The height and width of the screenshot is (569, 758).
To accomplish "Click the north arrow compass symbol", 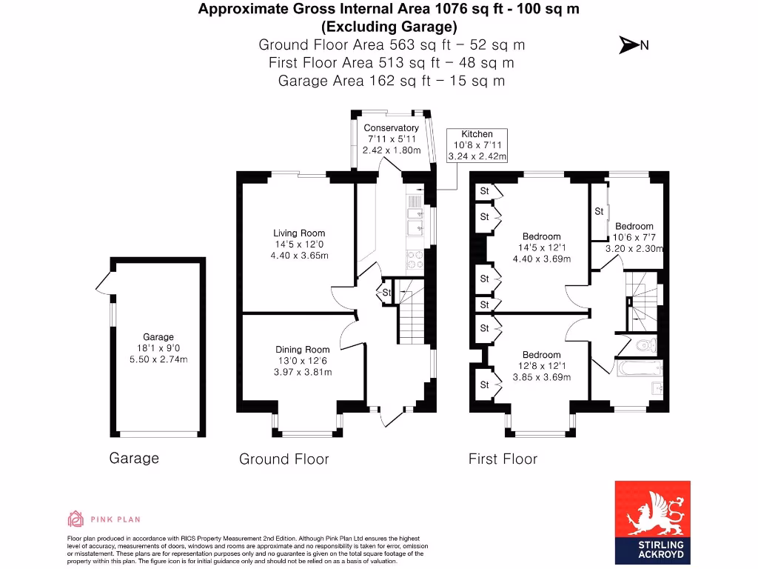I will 628,45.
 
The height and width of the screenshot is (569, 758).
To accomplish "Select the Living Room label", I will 299,233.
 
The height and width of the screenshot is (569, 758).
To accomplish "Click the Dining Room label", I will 302,350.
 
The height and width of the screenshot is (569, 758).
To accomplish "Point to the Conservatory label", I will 392,128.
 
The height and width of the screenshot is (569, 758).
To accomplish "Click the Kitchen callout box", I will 477,145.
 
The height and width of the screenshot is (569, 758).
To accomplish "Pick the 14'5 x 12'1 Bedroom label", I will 542,237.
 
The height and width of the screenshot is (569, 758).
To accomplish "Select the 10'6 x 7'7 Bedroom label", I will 634,227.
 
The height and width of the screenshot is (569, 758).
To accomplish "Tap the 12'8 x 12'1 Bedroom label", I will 540,355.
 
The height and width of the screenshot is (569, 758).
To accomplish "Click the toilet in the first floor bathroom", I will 646,345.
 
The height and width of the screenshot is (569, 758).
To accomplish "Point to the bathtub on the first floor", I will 638,368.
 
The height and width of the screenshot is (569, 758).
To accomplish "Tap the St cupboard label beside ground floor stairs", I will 386,293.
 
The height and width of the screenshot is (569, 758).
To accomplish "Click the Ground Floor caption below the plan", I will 284,459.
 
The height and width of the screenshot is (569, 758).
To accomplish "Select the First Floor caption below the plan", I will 503,459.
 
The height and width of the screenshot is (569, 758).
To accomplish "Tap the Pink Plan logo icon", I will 76,519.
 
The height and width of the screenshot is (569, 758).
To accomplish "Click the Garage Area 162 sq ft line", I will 392,81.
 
